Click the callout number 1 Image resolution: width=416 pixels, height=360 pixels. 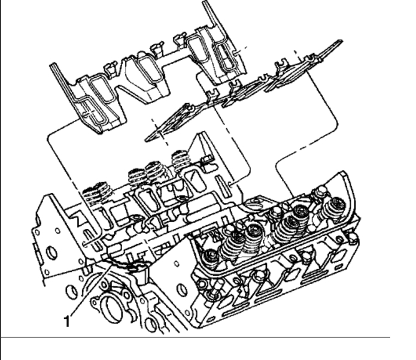click(67, 321)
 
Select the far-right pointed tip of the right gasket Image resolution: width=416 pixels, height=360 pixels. click(341, 41)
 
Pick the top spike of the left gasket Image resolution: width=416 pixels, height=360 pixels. click(205, 2)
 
